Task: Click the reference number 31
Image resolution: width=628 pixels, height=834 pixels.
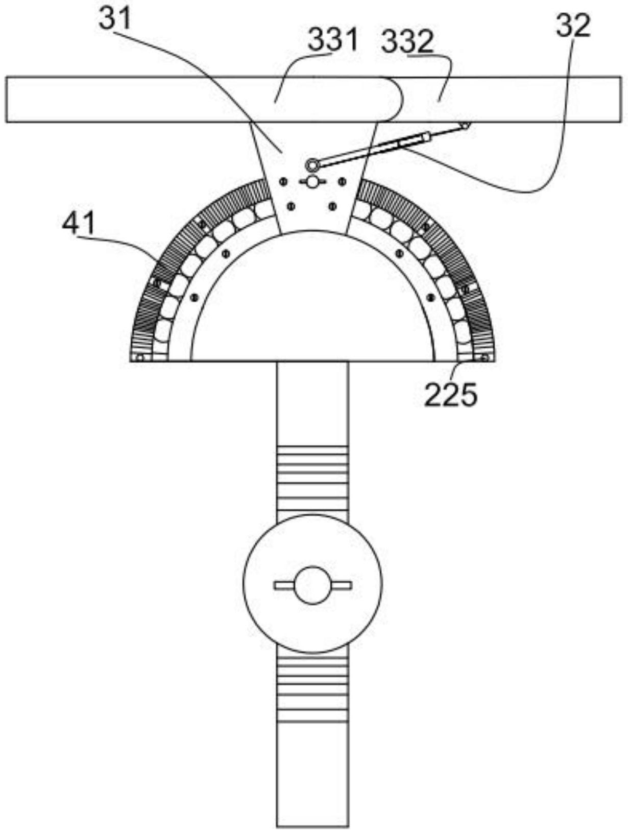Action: (115, 19)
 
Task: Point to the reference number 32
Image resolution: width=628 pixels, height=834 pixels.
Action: (573, 26)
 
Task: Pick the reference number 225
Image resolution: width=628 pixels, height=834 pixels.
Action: (450, 395)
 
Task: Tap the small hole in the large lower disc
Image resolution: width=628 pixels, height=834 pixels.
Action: (312, 585)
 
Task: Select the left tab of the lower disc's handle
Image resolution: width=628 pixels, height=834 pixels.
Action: (284, 585)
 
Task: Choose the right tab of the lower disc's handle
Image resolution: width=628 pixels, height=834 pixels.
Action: (340, 585)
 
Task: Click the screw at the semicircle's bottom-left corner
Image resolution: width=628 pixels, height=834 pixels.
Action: (140, 358)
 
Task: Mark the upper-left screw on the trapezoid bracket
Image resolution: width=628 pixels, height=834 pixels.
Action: (282, 182)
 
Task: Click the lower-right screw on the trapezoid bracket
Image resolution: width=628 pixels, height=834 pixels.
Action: (332, 206)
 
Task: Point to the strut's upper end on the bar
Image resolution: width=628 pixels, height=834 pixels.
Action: (466, 125)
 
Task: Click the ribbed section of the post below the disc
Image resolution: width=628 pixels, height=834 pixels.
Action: (312, 688)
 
